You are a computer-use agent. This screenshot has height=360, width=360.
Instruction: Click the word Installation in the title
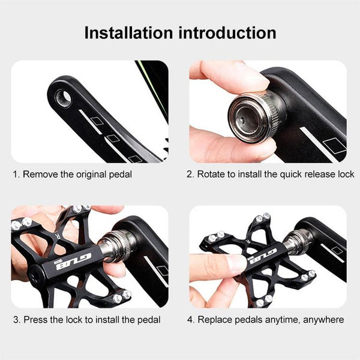pyautogui.click(x=128, y=33)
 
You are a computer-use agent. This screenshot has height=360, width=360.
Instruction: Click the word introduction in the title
pyautogui.click(x=227, y=33)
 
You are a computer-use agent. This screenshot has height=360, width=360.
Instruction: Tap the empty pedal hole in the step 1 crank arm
pyautogui.click(x=63, y=98)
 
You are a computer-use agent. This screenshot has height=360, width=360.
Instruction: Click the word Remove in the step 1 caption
pyautogui.click(x=40, y=174)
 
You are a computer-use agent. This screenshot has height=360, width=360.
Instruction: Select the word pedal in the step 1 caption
pyautogui.click(x=121, y=175)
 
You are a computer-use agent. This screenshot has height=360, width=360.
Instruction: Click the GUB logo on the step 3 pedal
pyautogui.click(x=74, y=261)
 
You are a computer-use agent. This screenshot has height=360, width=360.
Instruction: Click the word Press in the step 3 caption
pyautogui.click(x=36, y=320)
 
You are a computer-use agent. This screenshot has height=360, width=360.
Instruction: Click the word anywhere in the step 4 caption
pyautogui.click(x=323, y=320)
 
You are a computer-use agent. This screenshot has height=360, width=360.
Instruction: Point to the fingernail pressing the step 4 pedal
pyautogui.click(x=236, y=262)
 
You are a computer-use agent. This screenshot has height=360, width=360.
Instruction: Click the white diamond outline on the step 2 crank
pyautogui.click(x=335, y=146)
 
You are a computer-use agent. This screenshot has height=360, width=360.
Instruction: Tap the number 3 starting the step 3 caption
pyautogui.click(x=16, y=320)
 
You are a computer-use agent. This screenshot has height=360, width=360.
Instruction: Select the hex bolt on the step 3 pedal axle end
pyautogui.click(x=34, y=274)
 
